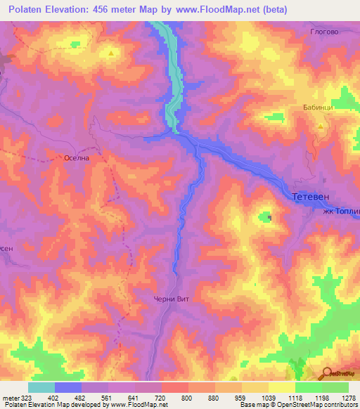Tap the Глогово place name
point(325,31)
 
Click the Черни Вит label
point(172,299)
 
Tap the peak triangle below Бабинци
point(321,126)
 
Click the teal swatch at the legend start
point(41,387)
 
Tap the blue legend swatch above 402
point(68,387)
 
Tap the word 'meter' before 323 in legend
point(10,398)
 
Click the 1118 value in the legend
point(295,398)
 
